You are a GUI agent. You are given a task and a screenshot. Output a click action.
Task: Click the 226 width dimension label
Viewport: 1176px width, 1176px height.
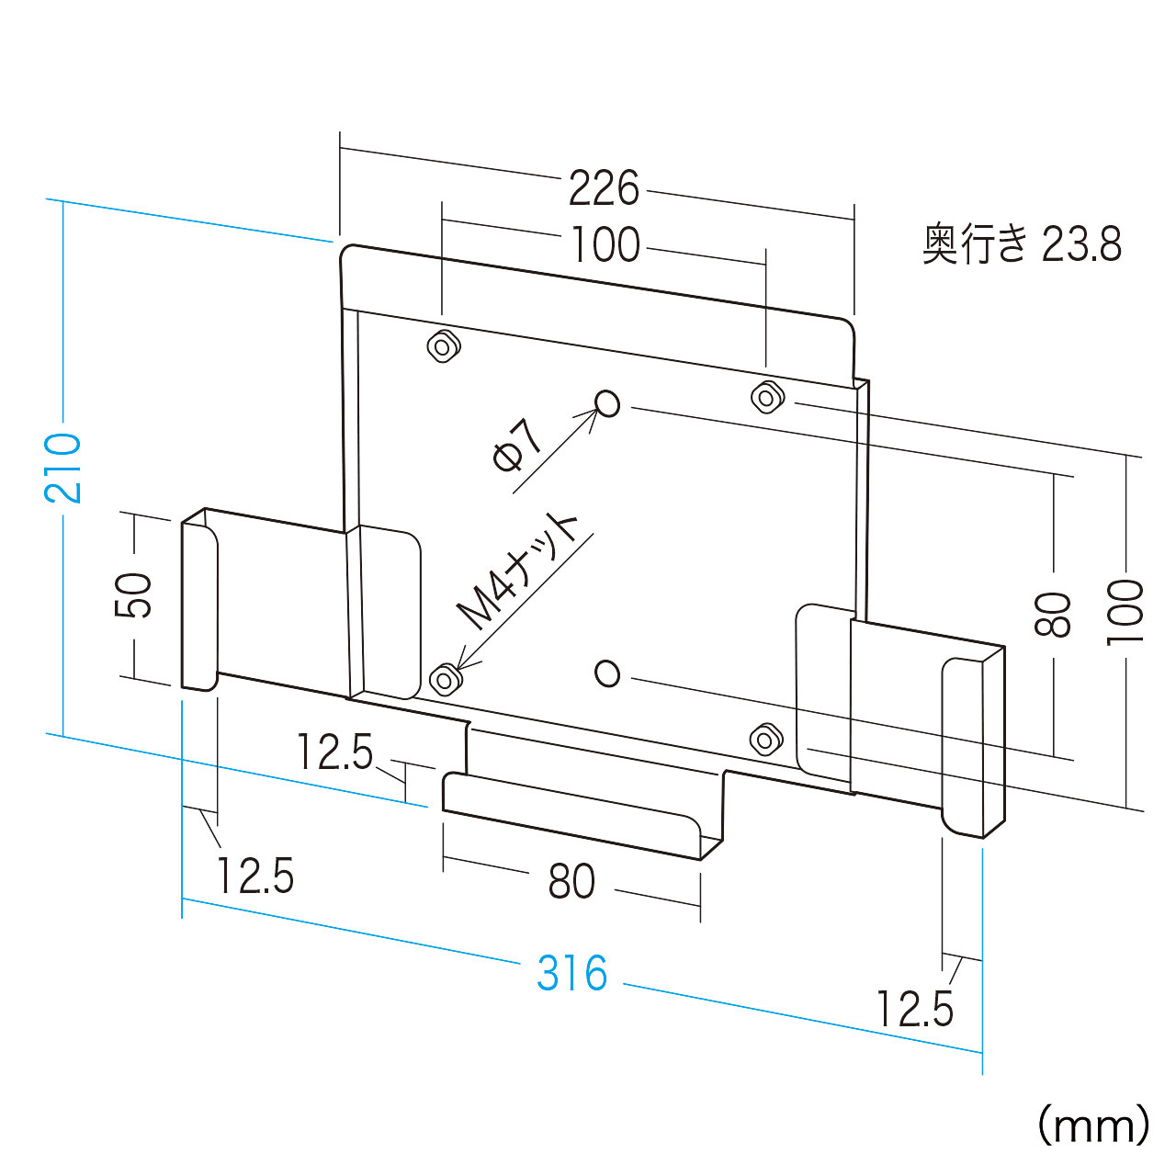[604, 188]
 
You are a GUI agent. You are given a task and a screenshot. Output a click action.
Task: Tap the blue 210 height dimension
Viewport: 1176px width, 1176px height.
[62, 468]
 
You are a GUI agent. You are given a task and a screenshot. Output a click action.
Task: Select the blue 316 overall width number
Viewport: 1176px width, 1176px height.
[571, 973]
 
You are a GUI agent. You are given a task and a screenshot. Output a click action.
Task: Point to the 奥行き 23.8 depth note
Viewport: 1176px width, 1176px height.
[1022, 244]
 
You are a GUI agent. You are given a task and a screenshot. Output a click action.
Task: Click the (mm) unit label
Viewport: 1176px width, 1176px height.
[1093, 1125]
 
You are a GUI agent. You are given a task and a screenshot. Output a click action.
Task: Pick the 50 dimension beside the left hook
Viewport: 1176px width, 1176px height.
[132, 595]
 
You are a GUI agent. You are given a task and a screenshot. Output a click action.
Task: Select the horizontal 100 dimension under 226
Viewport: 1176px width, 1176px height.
[605, 245]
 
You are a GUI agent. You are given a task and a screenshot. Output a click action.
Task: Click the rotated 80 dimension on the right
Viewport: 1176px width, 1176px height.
[1053, 614]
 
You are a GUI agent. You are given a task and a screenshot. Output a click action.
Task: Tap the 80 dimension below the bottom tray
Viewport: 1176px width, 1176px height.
[571, 881]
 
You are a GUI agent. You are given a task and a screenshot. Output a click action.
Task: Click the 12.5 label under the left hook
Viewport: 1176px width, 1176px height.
[255, 876]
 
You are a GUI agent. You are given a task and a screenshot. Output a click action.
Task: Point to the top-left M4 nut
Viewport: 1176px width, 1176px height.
[444, 346]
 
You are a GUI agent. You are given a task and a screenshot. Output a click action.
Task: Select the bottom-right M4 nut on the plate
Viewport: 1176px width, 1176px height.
[766, 739]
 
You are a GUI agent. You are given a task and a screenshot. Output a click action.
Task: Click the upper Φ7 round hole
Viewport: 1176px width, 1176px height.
[607, 403]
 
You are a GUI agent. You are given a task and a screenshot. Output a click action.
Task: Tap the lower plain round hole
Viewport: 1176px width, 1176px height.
[607, 673]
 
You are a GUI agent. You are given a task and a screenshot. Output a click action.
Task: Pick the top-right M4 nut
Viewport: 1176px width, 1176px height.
[768, 397]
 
